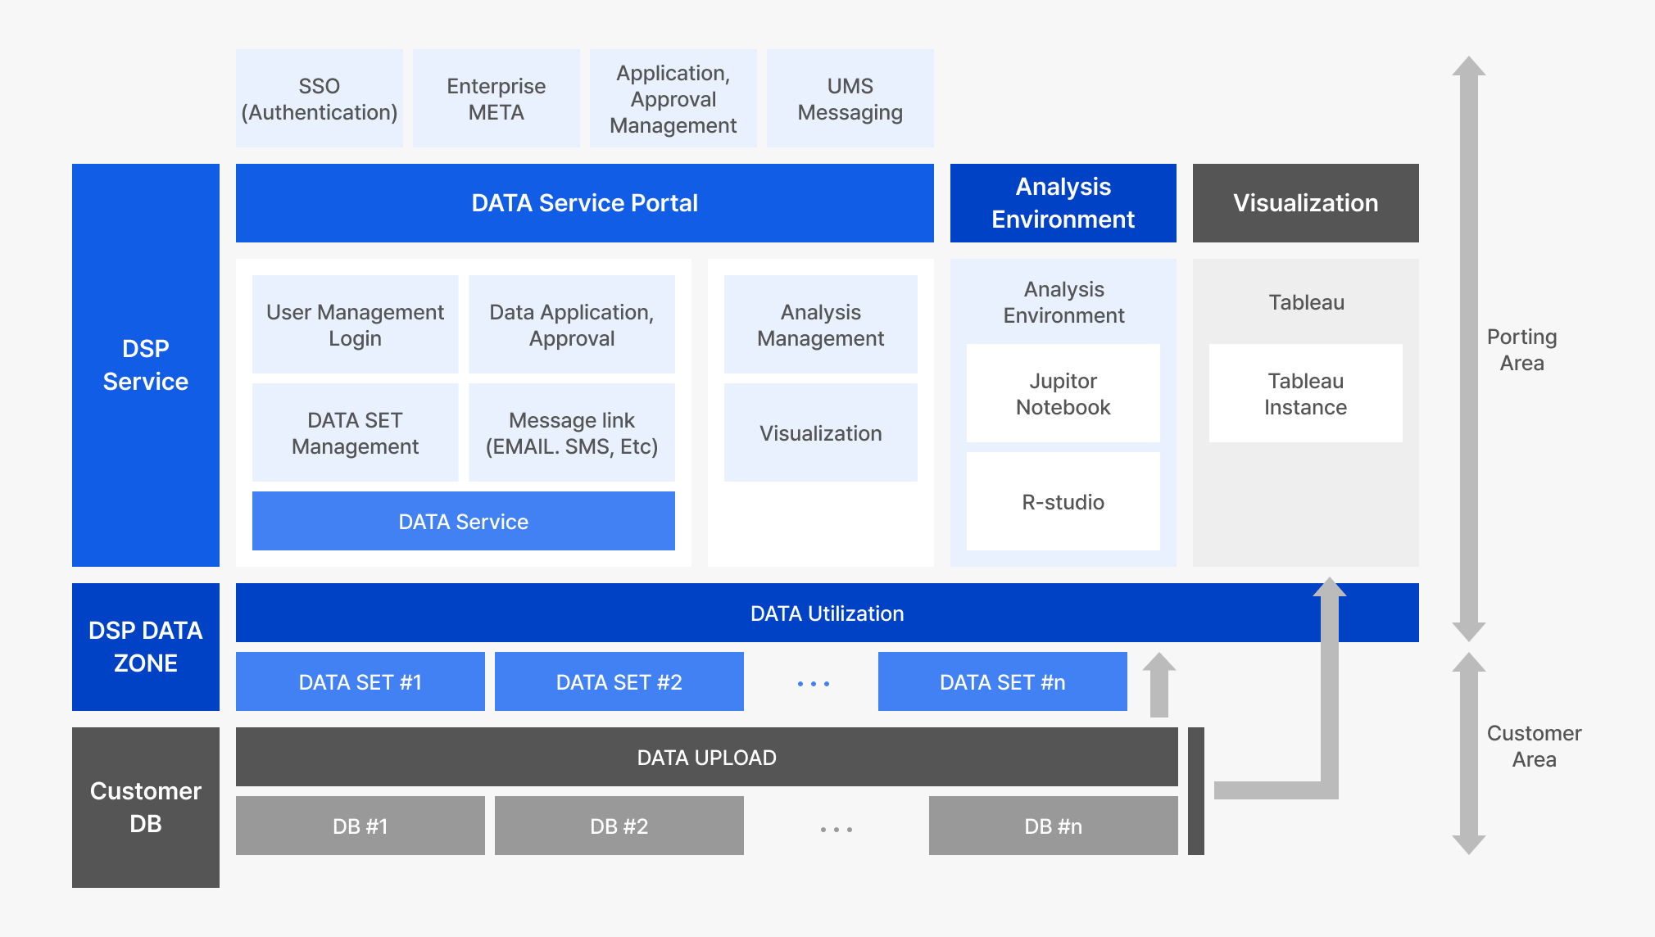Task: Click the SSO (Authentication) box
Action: (319, 98)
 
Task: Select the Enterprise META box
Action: (496, 98)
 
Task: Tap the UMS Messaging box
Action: (850, 98)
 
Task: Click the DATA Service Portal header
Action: (584, 203)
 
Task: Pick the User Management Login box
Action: (355, 324)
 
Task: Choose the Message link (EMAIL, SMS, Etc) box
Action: (571, 432)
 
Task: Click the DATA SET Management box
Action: (355, 432)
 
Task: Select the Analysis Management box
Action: (820, 324)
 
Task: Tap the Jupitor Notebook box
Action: (1063, 393)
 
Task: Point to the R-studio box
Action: (1063, 501)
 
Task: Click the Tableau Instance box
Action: (1305, 393)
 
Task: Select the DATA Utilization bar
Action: (827, 613)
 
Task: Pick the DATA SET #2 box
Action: (619, 681)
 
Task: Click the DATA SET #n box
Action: (1002, 681)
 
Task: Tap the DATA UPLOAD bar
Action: (706, 757)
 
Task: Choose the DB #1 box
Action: (360, 826)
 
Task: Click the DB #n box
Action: (1053, 826)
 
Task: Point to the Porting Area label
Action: (1521, 350)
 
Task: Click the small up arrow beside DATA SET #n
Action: (1158, 685)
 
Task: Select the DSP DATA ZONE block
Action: (145, 646)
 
